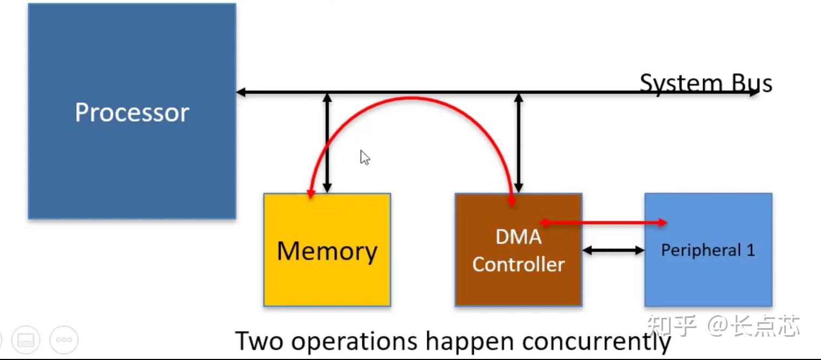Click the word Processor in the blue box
[x=132, y=112]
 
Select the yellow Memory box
[x=327, y=270]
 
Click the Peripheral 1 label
[x=707, y=250]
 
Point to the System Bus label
[x=706, y=83]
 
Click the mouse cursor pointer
[x=365, y=157]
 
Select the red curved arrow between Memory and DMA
[x=411, y=99]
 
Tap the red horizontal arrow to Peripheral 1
[x=603, y=222]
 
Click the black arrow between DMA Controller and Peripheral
[x=613, y=250]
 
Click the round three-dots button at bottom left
[x=64, y=340]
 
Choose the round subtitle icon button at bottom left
[x=26, y=340]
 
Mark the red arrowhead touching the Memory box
[x=310, y=195]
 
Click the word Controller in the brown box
[x=518, y=264]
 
